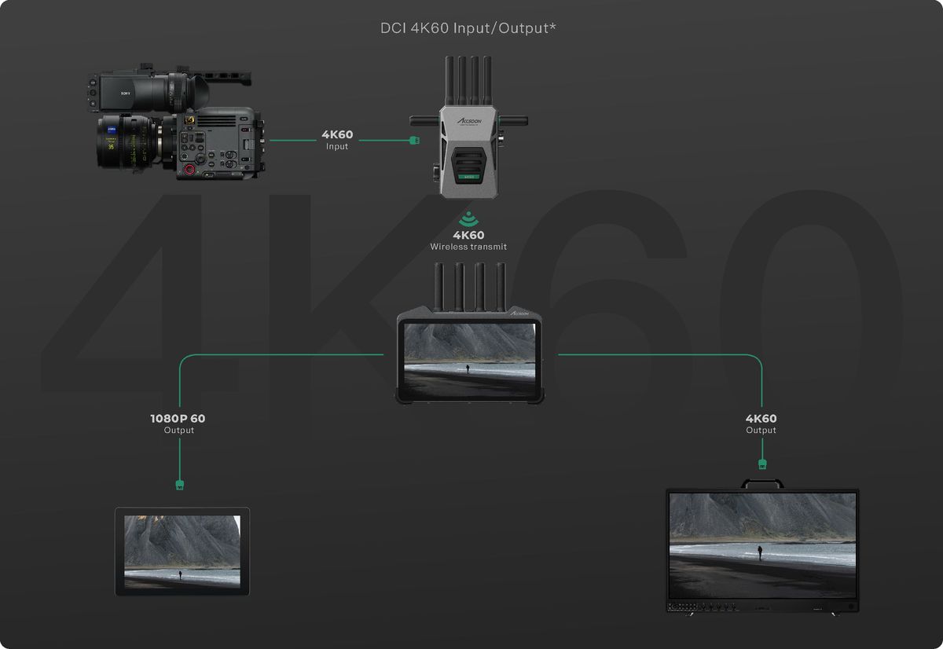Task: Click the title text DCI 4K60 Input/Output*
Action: [x=469, y=28]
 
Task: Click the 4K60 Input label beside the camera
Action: [x=337, y=140]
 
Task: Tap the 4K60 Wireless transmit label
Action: [x=468, y=240]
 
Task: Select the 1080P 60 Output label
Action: [x=178, y=423]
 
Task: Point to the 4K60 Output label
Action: [x=761, y=423]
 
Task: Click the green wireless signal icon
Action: [x=468, y=218]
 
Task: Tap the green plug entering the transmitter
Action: [x=415, y=141]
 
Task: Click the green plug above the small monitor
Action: [x=180, y=484]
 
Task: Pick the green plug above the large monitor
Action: [x=761, y=465]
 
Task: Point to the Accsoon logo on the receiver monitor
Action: [x=522, y=313]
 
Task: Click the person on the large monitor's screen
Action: [x=760, y=552]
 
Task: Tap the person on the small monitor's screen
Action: [x=181, y=575]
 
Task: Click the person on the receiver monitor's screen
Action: [x=468, y=367]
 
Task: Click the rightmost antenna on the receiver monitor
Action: [x=500, y=285]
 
